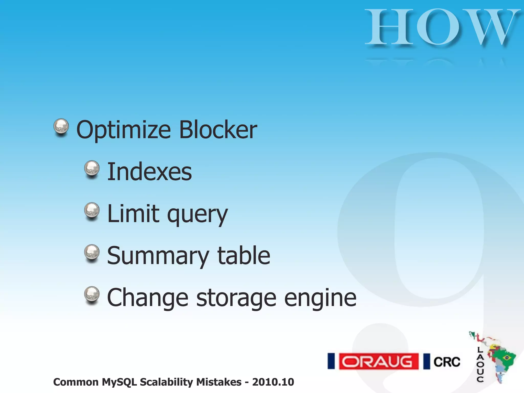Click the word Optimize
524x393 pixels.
click(x=124, y=130)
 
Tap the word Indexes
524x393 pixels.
click(x=149, y=172)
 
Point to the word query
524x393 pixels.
click(x=197, y=215)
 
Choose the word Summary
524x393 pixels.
click(x=158, y=256)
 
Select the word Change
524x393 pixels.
click(x=148, y=298)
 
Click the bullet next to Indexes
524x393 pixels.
click(x=92, y=169)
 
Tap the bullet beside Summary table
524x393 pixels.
click(x=92, y=253)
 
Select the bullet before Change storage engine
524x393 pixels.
click(x=92, y=294)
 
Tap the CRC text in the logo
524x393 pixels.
click(x=447, y=362)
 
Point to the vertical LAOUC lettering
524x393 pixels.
click(x=480, y=364)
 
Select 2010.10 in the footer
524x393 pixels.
click(x=273, y=382)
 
